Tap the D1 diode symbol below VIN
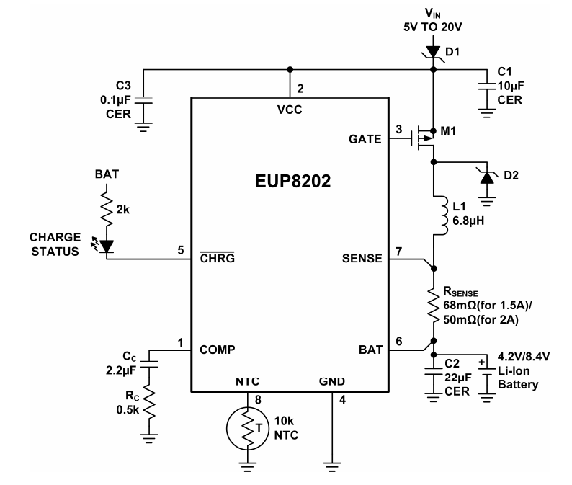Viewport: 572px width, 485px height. (x=433, y=51)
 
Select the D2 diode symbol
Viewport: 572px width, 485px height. (x=488, y=175)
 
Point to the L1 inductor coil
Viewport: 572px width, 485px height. (x=437, y=215)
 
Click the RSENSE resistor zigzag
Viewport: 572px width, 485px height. (x=434, y=305)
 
